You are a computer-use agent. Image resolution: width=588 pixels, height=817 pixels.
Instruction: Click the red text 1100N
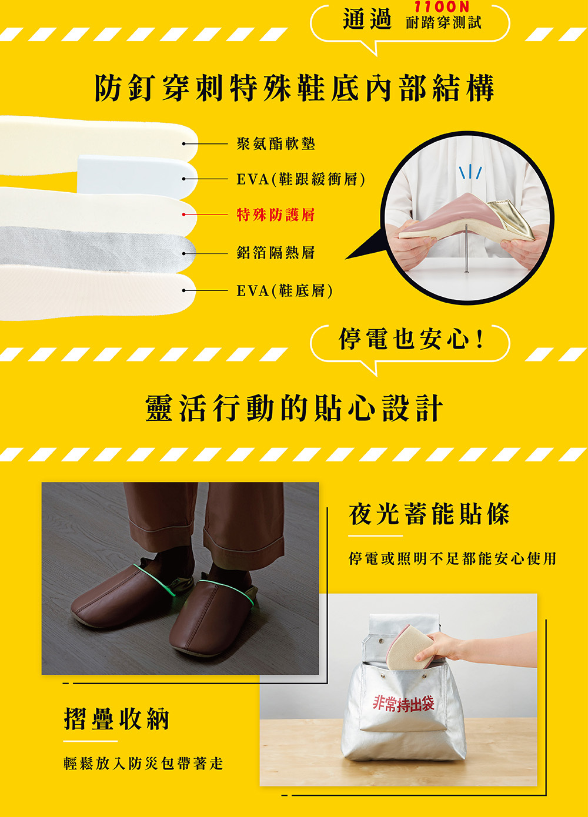442,7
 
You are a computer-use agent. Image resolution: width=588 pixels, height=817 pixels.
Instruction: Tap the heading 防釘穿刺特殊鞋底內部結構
294,88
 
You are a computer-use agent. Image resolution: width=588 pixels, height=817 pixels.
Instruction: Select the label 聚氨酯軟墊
275,143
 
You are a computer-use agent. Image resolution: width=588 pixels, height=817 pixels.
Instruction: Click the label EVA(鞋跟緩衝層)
300,179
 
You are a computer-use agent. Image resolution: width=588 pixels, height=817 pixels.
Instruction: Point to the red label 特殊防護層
275,215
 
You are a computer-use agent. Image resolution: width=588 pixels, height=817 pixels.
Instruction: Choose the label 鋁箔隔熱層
275,253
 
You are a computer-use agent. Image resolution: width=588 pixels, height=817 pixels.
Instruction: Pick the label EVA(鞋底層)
285,290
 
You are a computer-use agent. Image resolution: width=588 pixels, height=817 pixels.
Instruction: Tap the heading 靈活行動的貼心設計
294,408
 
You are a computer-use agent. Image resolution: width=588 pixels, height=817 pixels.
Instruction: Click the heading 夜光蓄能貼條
429,514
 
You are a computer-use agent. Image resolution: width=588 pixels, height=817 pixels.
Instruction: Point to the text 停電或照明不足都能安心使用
452,558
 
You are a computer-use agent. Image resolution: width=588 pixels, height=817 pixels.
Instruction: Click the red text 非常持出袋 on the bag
403,703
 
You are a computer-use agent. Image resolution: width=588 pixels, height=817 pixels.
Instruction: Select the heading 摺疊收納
116,719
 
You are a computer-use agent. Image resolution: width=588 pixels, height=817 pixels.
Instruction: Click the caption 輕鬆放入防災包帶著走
143,764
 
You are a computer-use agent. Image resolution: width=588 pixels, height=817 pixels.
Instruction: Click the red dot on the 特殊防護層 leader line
184,215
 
